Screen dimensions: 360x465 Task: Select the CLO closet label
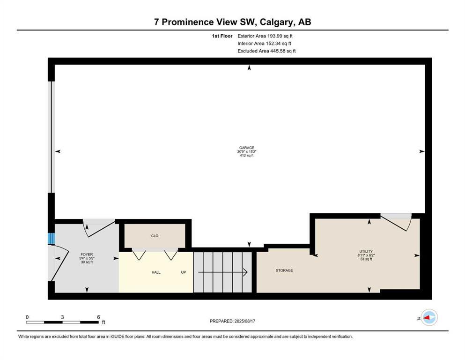click(155, 236)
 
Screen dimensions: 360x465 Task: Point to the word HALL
click(156, 272)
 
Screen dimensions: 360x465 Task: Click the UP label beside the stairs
click(184, 272)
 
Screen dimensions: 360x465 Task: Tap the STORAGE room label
click(284, 270)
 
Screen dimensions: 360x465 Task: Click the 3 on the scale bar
click(62, 317)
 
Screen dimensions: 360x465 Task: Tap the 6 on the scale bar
click(98, 317)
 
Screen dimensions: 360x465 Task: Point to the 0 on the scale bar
click(27, 317)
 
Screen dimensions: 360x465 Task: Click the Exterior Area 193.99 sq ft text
click(266, 36)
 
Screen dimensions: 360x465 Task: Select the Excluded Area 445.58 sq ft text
click(266, 51)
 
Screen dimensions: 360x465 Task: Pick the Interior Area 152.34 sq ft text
click(266, 44)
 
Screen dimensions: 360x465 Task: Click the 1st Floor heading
click(221, 36)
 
